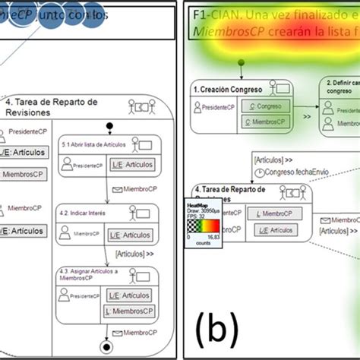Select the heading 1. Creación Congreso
click(x=227, y=90)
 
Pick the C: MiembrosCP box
click(x=265, y=120)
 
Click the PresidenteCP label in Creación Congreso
click(x=215, y=107)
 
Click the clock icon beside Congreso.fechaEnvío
click(x=261, y=172)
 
